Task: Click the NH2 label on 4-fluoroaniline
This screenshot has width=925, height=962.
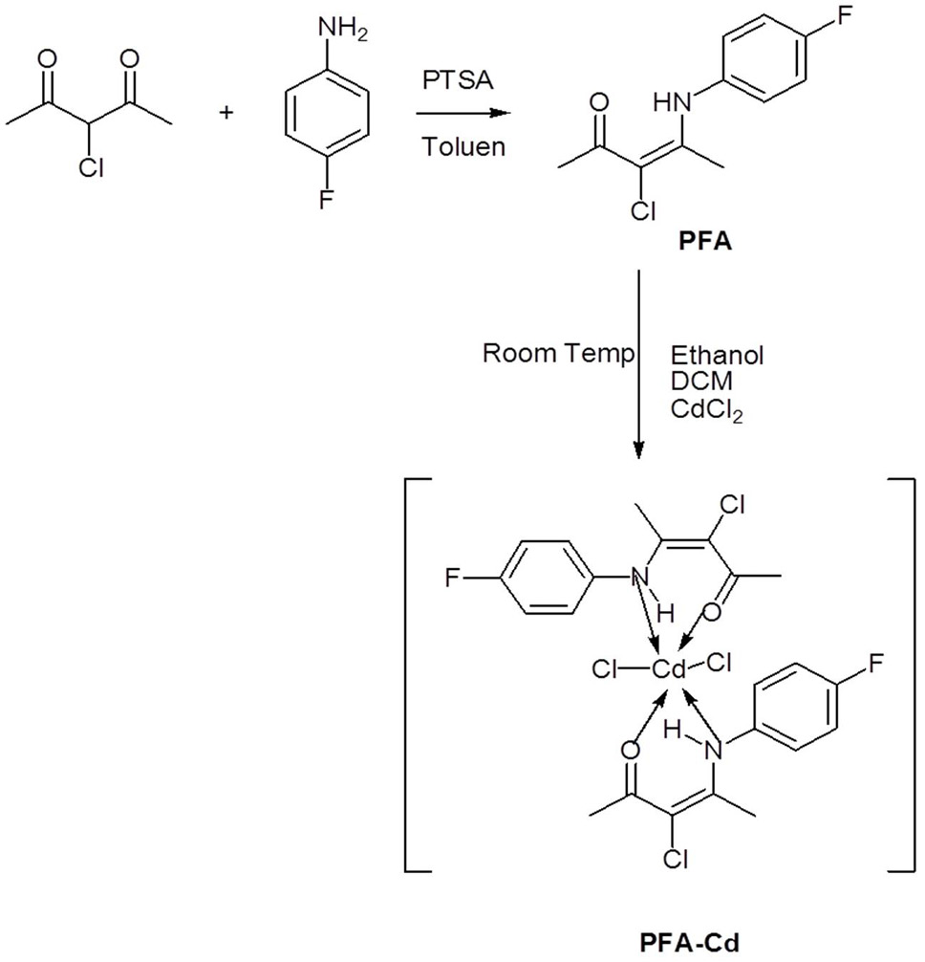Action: (343, 30)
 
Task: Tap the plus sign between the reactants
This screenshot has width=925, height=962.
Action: (226, 112)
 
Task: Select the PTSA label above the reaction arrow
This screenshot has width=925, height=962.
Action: (458, 81)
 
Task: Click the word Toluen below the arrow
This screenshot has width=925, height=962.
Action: (463, 146)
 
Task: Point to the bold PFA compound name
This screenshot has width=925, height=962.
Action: (705, 242)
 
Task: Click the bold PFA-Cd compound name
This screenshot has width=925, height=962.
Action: (690, 942)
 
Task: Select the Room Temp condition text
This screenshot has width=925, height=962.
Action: (558, 354)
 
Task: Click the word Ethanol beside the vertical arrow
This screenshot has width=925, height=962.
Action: (717, 355)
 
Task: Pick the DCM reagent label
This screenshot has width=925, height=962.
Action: (701, 382)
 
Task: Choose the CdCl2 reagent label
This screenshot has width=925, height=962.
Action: (706, 410)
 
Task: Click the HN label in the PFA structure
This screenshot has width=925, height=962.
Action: (672, 102)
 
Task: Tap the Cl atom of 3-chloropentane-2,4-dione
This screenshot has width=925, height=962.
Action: (91, 167)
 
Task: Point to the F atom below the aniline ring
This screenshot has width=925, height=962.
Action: (326, 200)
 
